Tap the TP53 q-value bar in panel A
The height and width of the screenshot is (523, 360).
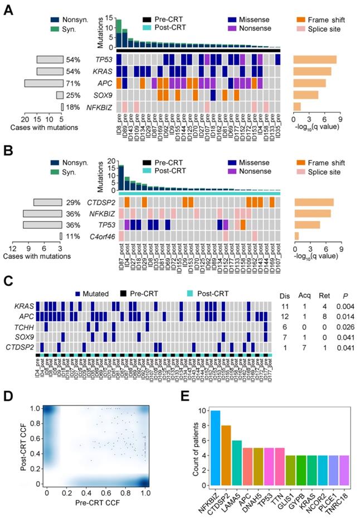tap(315, 60)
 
